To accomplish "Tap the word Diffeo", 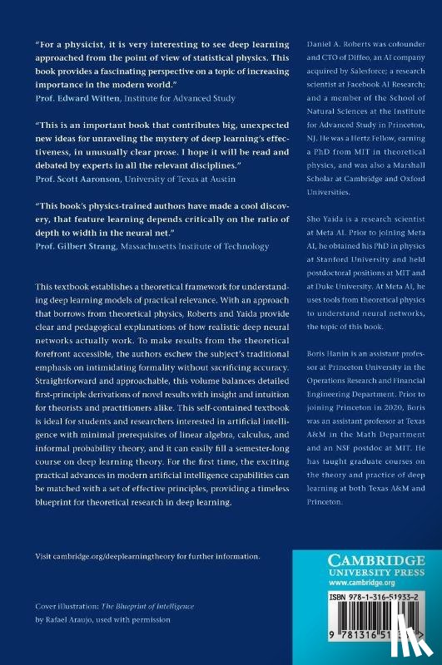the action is (352, 52).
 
